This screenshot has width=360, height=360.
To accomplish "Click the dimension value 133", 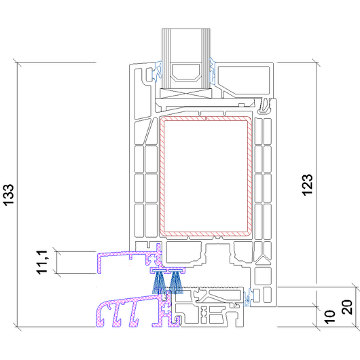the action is [x=9, y=195].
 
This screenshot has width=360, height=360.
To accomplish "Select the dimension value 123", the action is [x=307, y=185].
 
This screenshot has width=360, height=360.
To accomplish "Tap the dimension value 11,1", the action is [x=42, y=262].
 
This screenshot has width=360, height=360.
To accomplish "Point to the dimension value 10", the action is [x=330, y=317].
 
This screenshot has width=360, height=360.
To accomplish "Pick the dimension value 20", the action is [x=347, y=307].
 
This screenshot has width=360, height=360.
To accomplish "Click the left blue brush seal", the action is [x=159, y=282].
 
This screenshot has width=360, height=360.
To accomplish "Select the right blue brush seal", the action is [x=176, y=282].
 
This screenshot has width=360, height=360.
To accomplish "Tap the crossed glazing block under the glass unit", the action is [x=185, y=94].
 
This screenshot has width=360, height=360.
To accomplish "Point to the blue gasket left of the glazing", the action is [x=158, y=71].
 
